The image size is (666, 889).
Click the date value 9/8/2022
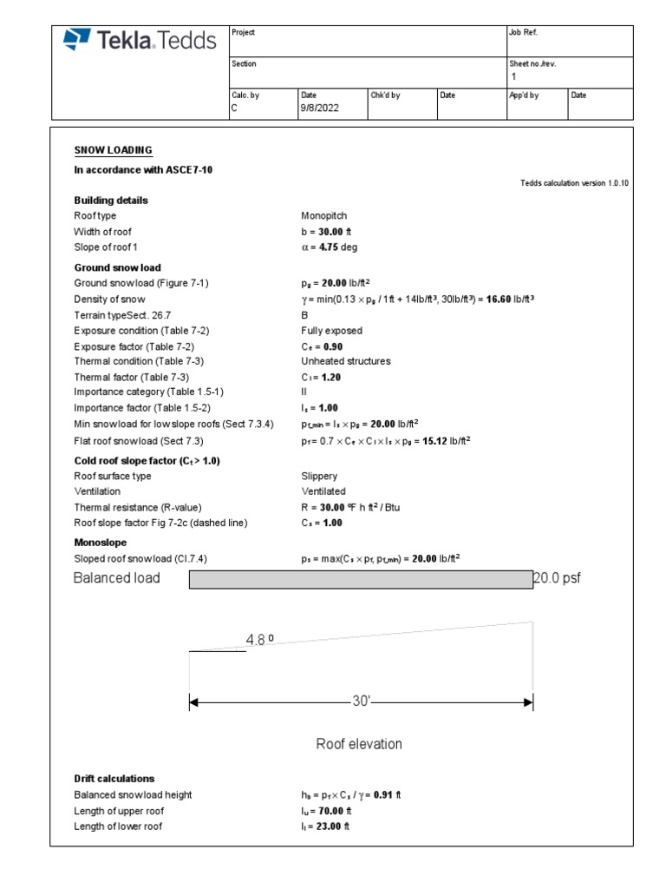[320, 109]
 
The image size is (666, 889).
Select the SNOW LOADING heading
[113, 150]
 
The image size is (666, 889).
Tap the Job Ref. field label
[523, 32]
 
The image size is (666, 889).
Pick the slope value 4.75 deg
[330, 247]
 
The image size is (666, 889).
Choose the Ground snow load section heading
[117, 268]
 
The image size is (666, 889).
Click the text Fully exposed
[331, 331]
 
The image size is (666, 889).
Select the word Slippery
[319, 477]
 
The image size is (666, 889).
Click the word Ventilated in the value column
[323, 491]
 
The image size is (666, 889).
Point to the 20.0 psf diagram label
[556, 578]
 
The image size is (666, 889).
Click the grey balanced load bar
[361, 580]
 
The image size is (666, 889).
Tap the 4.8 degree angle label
[259, 641]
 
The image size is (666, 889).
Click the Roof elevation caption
[359, 744]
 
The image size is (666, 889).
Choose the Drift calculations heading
[114, 779]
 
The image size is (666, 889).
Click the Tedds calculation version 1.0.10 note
[574, 182]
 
